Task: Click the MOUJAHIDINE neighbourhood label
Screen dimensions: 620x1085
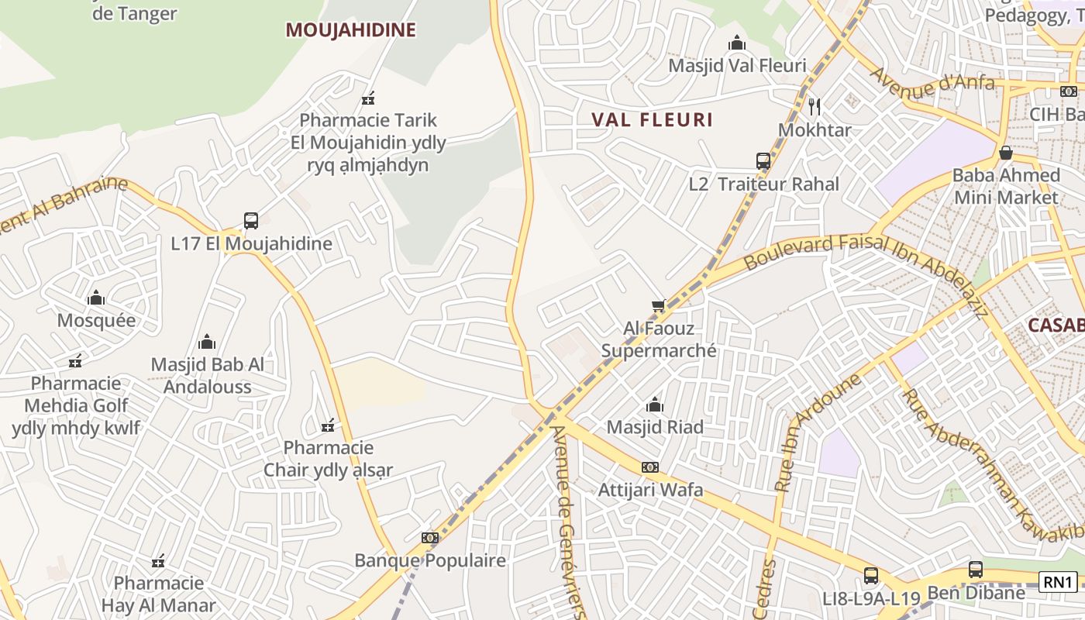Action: (350, 30)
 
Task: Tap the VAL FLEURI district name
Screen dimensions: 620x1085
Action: (652, 120)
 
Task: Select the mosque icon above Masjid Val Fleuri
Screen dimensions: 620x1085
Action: (737, 43)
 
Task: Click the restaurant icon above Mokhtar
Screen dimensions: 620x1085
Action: (815, 106)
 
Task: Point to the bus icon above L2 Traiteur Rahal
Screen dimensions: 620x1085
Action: (763, 161)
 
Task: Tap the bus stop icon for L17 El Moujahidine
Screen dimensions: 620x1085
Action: (251, 220)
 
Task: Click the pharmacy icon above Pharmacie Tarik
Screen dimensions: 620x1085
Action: (368, 98)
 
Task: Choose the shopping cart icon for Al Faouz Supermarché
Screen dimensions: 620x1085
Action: (659, 306)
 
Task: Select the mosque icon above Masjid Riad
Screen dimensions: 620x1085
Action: (655, 405)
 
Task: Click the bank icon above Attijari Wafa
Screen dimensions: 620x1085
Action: (650, 467)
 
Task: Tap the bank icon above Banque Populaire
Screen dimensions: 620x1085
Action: (430, 538)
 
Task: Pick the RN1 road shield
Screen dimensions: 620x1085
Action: (1058, 582)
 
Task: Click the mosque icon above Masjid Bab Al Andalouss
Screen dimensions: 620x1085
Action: (207, 342)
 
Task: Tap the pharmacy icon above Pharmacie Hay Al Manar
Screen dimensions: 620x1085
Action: (158, 561)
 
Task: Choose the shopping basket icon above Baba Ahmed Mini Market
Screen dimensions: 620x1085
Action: (1005, 153)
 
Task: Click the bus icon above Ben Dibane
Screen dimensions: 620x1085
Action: (976, 570)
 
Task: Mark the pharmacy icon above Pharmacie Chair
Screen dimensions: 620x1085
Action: (328, 425)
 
